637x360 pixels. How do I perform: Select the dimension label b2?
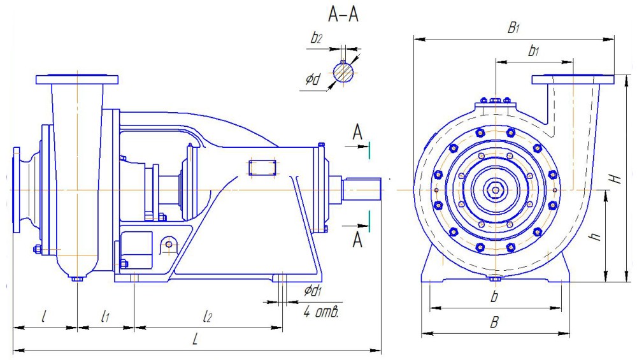coord(316,38)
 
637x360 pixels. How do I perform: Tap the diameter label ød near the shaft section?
coord(312,80)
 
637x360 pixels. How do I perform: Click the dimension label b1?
coord(533,52)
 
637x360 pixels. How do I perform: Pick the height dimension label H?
coord(615,179)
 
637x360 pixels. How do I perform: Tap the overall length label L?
coord(196,340)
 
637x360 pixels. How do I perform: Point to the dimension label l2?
coord(208,316)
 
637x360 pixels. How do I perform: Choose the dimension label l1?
coord(106,316)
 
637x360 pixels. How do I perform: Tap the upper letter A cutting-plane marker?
coord(358,132)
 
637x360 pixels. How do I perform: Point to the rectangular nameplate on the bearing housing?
coord(262,168)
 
